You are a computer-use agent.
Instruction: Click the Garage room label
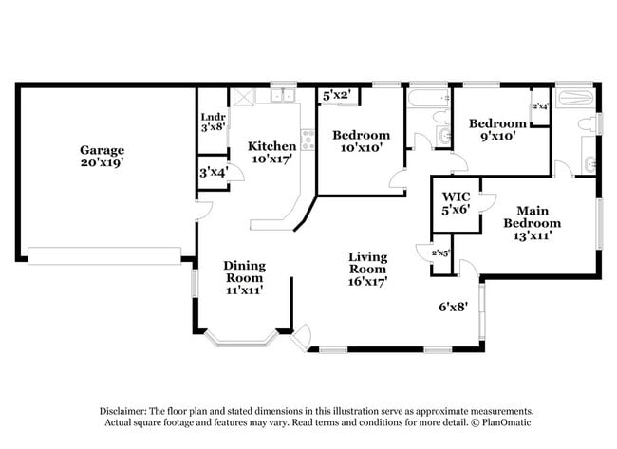[102, 149]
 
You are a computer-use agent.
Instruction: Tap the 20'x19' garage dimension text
[102, 162]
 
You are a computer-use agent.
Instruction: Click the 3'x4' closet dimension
[213, 172]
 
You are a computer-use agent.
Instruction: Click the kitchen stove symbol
[308, 141]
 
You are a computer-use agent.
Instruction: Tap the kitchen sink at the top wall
[282, 96]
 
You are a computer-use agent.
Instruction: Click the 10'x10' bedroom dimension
[361, 149]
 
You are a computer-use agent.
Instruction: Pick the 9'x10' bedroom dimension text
[497, 137]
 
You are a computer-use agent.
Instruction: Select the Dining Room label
[244, 271]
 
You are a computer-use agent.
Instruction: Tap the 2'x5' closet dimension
[441, 253]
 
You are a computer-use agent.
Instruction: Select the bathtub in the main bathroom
[574, 96]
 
